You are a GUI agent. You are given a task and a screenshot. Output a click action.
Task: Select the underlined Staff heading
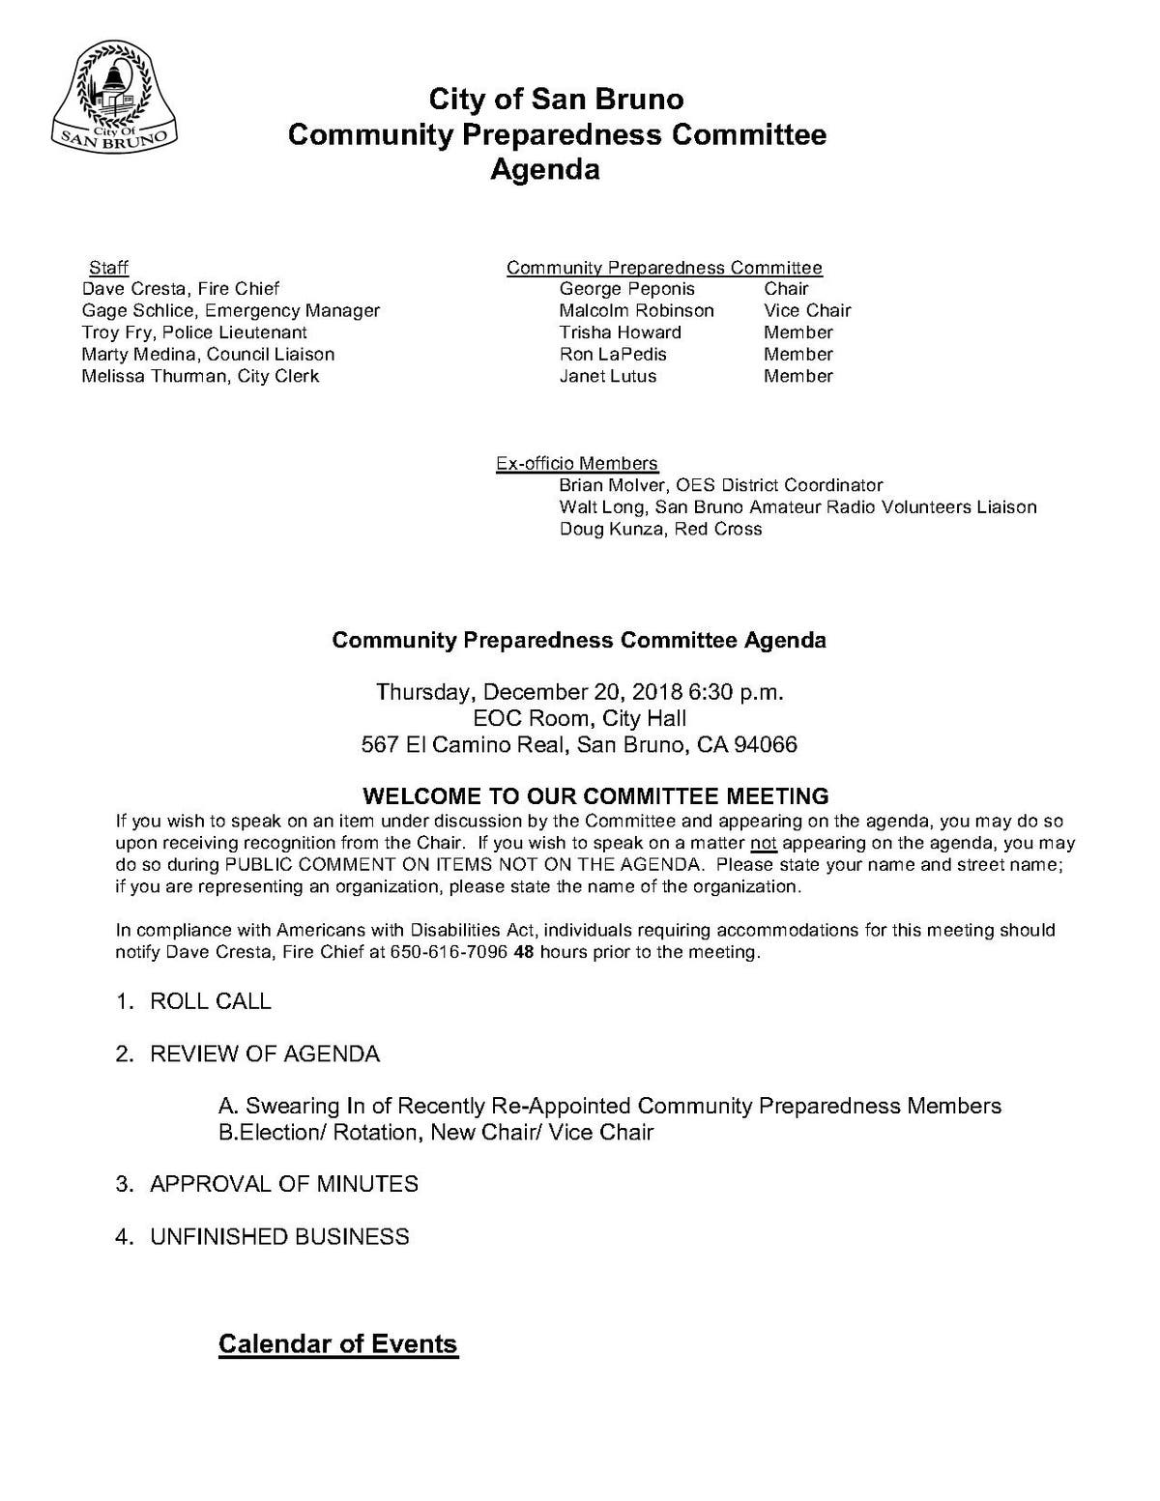click(x=108, y=268)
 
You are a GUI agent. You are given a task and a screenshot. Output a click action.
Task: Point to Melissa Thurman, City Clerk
click(x=200, y=376)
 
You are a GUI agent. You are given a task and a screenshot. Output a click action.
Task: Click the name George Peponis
click(x=626, y=289)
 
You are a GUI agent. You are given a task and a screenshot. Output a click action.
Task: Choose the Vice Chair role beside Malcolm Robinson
click(x=807, y=310)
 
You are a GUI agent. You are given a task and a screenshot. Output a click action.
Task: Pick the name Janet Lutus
click(x=607, y=376)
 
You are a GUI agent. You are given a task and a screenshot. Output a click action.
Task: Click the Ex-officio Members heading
click(x=576, y=464)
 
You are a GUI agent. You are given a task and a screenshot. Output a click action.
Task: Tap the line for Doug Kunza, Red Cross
click(x=660, y=529)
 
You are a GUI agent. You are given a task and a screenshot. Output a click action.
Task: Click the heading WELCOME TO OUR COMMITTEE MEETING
click(x=595, y=796)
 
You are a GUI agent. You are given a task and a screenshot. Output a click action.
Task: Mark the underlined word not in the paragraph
click(x=764, y=843)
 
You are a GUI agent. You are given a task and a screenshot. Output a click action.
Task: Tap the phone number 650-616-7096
click(x=449, y=952)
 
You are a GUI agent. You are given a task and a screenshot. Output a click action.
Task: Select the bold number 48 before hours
click(x=524, y=952)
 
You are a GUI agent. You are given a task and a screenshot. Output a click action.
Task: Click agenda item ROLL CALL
click(x=210, y=1001)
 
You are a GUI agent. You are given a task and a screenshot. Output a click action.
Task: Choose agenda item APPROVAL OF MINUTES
click(x=283, y=1184)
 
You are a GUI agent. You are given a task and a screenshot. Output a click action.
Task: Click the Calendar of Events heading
click(x=337, y=1343)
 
